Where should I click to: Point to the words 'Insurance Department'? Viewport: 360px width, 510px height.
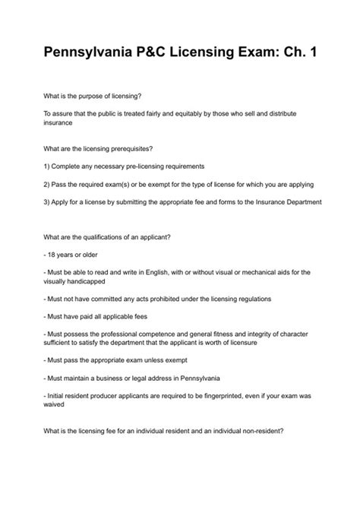click(x=286, y=202)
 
